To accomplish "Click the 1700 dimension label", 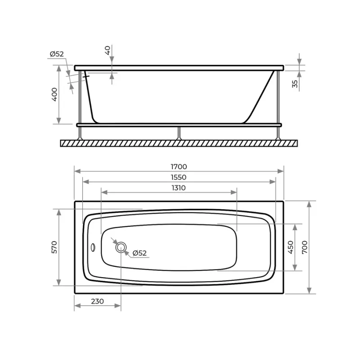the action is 179,166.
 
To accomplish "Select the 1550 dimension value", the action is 179,177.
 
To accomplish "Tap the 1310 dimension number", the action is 179,188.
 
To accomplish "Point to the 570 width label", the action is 54,247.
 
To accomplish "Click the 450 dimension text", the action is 291,247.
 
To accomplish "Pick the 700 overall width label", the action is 305,247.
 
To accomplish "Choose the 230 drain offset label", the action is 97,301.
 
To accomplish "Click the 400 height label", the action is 54,94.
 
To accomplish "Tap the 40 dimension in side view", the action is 108,50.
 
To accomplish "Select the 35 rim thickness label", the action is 295,84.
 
